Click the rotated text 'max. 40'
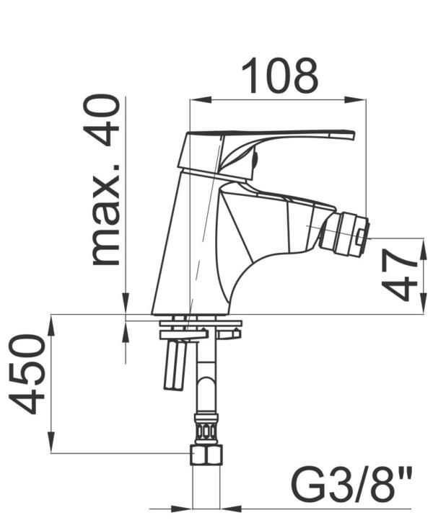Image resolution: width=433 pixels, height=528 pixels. point(103,180)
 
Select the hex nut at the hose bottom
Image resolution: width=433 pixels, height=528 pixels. point(206,455)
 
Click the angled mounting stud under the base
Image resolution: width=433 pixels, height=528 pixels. point(177,364)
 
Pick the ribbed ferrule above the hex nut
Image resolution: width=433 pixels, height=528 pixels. point(206,428)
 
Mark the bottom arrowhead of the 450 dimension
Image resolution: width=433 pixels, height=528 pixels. point(51,447)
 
